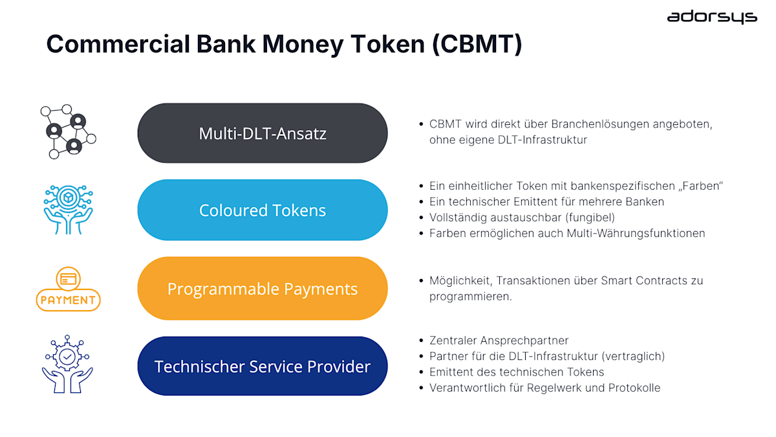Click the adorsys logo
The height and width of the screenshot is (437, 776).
tap(711, 17)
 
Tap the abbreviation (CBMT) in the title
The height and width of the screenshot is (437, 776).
tap(477, 44)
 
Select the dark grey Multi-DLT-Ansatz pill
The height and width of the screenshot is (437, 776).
tap(262, 133)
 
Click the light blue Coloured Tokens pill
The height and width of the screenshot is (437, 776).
tap(262, 210)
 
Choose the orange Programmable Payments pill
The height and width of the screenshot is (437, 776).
tap(262, 289)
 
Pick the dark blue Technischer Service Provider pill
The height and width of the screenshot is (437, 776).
tap(262, 366)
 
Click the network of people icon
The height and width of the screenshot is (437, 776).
tap(68, 131)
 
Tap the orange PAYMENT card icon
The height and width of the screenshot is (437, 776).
tap(68, 289)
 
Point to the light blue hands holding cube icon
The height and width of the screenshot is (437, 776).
tap(68, 209)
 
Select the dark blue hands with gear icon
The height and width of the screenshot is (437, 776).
tap(67, 364)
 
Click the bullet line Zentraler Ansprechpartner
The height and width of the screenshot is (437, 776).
tap(499, 341)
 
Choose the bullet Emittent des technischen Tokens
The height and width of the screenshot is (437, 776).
tap(516, 372)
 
